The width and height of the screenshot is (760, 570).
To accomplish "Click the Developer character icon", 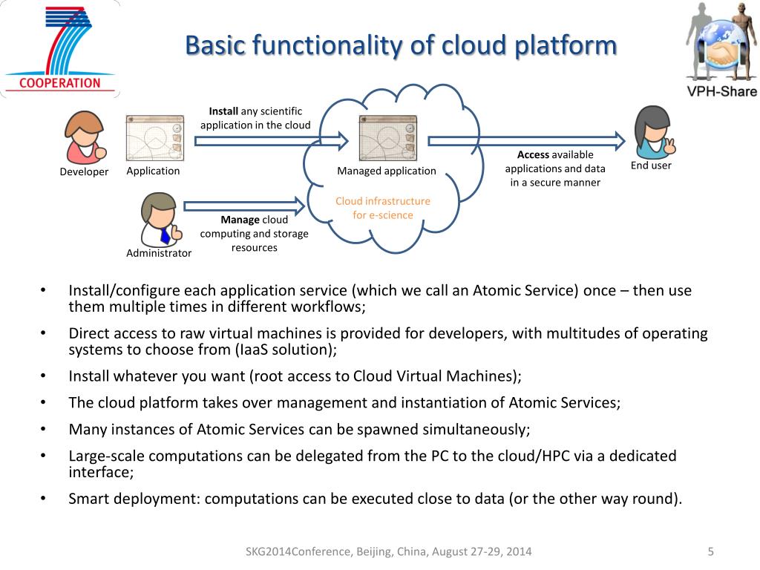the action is point(85,137).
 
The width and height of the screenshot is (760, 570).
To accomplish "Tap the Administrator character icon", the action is point(160,220).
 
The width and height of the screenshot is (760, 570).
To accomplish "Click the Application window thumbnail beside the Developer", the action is point(154,138).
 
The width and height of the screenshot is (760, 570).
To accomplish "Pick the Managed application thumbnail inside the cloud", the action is point(387,138).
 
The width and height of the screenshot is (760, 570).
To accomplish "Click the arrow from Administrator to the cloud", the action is point(244,206).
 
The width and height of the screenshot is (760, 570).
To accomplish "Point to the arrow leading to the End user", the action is point(526,140).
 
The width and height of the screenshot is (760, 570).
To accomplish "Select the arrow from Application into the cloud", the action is point(272,140).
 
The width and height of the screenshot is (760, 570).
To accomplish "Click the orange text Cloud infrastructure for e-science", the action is point(383,208).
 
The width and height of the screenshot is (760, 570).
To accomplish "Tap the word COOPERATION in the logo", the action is point(59,83).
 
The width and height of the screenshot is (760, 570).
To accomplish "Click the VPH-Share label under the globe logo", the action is point(721,91).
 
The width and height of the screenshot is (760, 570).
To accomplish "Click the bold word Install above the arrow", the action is point(223,111).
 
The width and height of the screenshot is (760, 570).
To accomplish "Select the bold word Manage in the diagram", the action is point(240,220).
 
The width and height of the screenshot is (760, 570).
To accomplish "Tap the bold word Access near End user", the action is point(533,154).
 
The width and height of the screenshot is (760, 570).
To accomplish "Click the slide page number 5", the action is point(710,551).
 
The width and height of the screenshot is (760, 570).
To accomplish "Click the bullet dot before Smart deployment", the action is point(43,498).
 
